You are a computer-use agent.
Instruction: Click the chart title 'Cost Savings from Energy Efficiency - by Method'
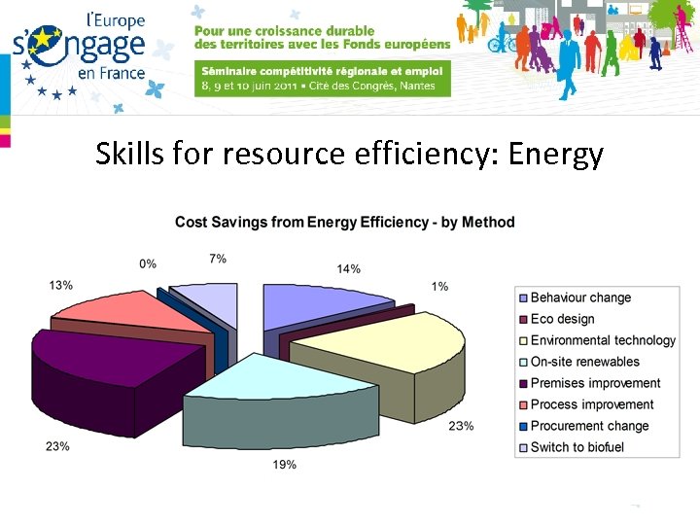pyautogui.click(x=344, y=223)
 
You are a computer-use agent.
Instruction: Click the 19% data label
pyautogui.click(x=285, y=465)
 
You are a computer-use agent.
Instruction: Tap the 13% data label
pyautogui.click(x=60, y=285)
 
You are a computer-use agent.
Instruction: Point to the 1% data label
pyautogui.click(x=440, y=286)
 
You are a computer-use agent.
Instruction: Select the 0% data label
pyautogui.click(x=148, y=263)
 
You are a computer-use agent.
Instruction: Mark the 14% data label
pyautogui.click(x=349, y=268)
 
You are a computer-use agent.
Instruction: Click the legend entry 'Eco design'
pyautogui.click(x=562, y=319)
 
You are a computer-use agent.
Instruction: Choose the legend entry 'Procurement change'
pyautogui.click(x=589, y=426)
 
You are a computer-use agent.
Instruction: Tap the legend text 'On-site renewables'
pyautogui.click(x=584, y=362)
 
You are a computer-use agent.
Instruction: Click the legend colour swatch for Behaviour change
pyautogui.click(x=523, y=297)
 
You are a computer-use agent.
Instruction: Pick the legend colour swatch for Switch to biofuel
pyautogui.click(x=523, y=447)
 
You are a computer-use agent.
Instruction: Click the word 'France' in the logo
pyautogui.click(x=118, y=74)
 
